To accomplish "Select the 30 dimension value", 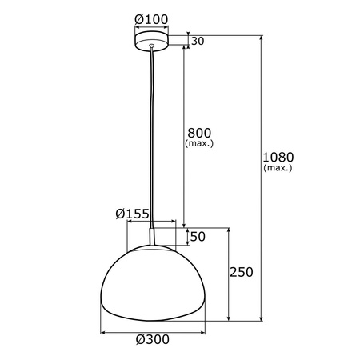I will point(198,42).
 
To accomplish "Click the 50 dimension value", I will point(198,237).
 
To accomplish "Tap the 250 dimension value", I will point(242,272).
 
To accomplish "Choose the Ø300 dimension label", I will point(152,339).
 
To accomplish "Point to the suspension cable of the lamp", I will point(150,136).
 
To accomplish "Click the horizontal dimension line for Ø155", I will point(140,224).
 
